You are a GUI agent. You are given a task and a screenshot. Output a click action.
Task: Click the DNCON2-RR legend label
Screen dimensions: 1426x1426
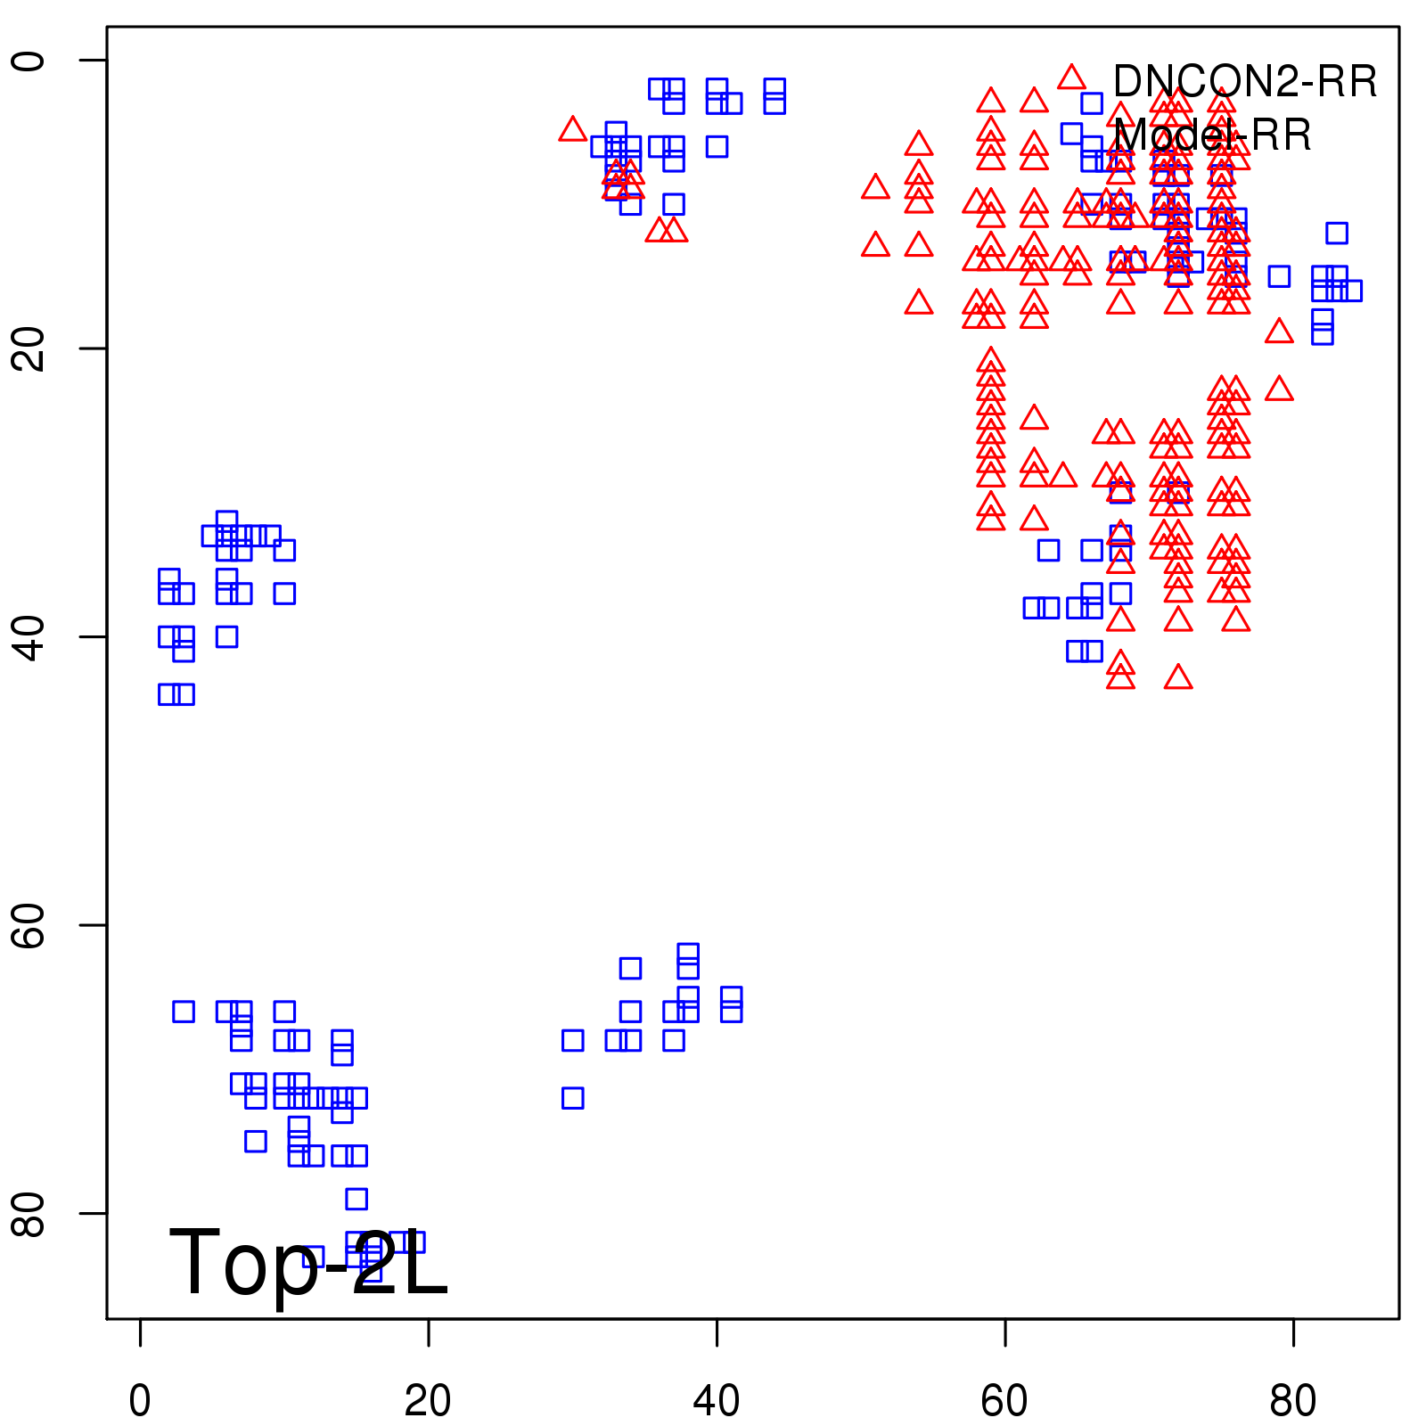(x=1244, y=82)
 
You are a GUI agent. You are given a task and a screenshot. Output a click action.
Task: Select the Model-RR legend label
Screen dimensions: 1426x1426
(x=1212, y=135)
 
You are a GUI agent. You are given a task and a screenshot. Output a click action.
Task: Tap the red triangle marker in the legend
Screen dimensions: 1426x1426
(x=1071, y=78)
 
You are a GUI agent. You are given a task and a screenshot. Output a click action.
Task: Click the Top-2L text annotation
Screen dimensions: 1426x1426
(x=307, y=1262)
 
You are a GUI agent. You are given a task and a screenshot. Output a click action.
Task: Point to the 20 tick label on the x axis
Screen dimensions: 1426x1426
(x=428, y=1401)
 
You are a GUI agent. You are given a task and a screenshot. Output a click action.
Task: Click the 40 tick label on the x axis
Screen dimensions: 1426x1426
(x=717, y=1401)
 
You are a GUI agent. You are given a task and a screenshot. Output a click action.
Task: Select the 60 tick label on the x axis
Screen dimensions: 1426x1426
(x=1004, y=1401)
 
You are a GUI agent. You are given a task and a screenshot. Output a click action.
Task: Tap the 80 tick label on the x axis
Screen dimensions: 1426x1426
(x=1293, y=1401)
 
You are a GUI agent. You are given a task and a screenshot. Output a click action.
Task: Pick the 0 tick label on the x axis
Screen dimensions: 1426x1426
(x=140, y=1401)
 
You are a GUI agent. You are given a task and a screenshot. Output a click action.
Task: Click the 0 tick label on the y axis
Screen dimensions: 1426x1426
(x=29, y=60)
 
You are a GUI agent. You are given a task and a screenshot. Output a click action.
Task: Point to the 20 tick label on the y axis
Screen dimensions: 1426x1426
(x=29, y=348)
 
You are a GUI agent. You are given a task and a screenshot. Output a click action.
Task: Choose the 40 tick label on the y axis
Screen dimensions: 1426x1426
(x=29, y=636)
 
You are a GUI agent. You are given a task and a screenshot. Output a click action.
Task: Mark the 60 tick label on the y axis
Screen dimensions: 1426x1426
(x=29, y=925)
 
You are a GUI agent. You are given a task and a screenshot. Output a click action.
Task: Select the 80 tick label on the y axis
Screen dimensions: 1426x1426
(x=29, y=1213)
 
